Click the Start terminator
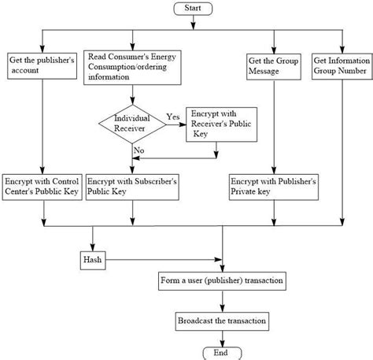tap(193, 9)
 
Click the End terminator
tap(222, 353)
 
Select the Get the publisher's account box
tap(42, 66)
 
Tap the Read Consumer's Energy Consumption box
tap(132, 68)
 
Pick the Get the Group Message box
tap(274, 67)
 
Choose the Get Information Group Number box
tap(342, 66)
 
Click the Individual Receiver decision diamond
tap(132, 124)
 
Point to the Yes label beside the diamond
tap(173, 117)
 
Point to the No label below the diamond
tap(139, 150)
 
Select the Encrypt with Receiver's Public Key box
tap(221, 124)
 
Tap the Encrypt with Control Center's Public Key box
tap(42, 187)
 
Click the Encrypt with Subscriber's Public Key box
tap(132, 187)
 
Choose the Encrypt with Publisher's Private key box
tap(274, 187)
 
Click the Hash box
tap(93, 260)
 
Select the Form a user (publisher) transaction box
tap(222, 281)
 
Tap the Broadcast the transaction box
tap(222, 321)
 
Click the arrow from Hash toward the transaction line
tap(164, 260)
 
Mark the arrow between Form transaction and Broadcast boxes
tap(223, 301)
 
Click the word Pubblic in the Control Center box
tap(48, 191)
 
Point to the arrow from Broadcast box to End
tap(223, 339)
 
